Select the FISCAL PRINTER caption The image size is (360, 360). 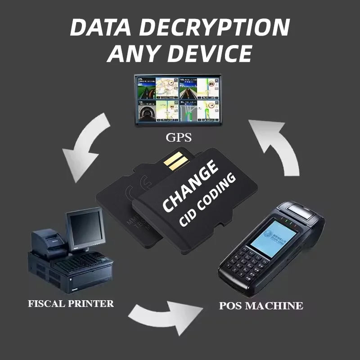71,303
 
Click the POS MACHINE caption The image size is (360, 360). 261,306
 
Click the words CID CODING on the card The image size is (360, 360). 207,200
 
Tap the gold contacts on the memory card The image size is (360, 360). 174,162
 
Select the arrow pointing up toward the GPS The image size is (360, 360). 275,144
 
